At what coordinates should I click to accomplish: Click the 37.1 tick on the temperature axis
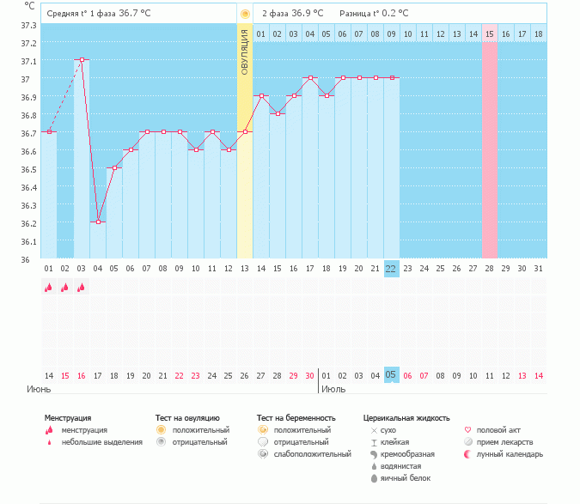coord(27,61)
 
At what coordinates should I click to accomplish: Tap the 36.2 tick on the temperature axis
coord(27,223)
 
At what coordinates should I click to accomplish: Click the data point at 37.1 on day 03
coord(82,60)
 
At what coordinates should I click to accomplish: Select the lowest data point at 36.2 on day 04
coord(98,222)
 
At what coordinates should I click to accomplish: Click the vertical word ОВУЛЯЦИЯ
coord(245,52)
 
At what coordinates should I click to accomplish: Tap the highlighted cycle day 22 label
coord(391,269)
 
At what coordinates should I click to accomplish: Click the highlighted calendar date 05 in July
coord(391,375)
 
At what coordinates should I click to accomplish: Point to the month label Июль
coord(333,389)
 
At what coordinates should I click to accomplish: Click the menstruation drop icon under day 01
coord(49,288)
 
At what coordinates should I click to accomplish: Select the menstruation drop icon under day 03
coord(82,288)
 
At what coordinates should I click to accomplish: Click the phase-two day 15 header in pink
coord(490,33)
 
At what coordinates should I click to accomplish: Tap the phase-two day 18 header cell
coord(539,33)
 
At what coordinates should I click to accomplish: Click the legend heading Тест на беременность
coord(296,418)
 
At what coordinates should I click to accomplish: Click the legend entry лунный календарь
coord(510,453)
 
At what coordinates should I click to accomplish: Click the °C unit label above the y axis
coord(30,6)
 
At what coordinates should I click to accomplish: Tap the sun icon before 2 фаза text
coord(246,14)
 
